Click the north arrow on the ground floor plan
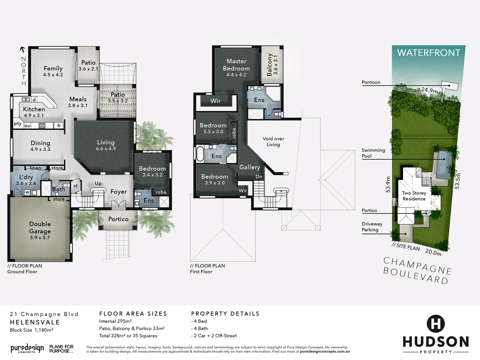[23, 50]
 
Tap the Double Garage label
[40, 228]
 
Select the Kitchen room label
[34, 109]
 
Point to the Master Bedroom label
[236, 65]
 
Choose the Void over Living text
[273, 142]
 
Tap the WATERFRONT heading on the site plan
[428, 53]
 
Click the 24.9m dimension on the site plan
[429, 90]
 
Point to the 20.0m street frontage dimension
[433, 252]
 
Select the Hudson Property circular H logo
[436, 323]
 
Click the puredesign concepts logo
[27, 349]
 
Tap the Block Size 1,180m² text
[31, 330]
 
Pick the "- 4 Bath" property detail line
[199, 328]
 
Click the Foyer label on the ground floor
[118, 192]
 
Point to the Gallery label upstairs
[250, 167]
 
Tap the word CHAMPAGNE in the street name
[418, 265]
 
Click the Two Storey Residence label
[414, 196]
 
